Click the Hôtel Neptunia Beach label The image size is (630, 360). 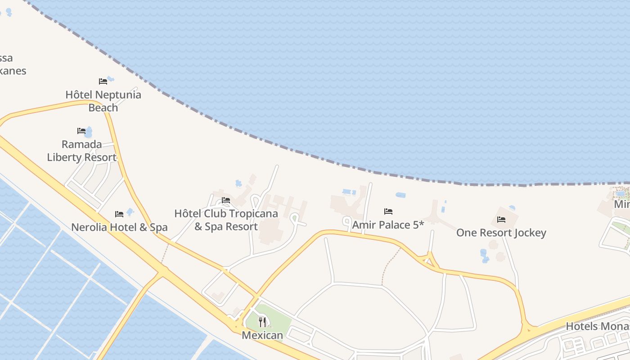[103, 101]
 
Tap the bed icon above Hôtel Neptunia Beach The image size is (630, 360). [103, 81]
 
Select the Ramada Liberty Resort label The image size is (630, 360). [81, 151]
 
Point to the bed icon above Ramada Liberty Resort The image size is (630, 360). [81, 131]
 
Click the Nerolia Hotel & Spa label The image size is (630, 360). [119, 227]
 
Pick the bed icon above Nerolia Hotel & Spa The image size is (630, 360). [119, 214]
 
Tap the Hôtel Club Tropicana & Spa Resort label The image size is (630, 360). [226, 220]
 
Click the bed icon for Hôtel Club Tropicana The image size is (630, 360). [226, 200]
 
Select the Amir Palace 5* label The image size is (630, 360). [388, 225]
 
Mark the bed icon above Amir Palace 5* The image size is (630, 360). [388, 211]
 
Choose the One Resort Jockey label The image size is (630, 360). [501, 233]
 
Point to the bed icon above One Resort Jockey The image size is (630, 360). [501, 220]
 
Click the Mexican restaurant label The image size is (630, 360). [262, 335]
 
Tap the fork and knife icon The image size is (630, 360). [262, 322]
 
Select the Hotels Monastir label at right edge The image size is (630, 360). [598, 326]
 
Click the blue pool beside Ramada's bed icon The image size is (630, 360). [89, 132]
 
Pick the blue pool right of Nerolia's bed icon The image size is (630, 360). [130, 211]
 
